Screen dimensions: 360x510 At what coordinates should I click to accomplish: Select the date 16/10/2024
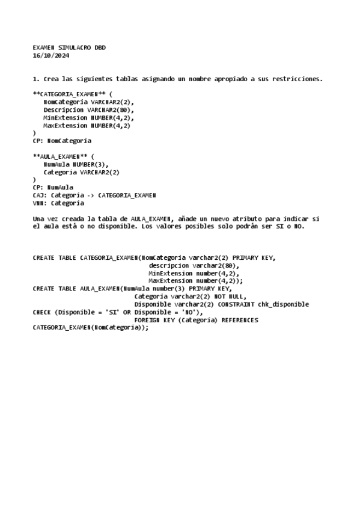pos(50,56)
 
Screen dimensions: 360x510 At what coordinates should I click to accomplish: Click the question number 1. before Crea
pos(36,79)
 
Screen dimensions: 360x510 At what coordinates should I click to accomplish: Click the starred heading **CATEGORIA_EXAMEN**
pos(69,94)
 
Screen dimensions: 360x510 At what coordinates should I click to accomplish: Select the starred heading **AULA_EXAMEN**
pos(60,156)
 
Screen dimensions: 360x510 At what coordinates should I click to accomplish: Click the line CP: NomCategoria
pos(62,141)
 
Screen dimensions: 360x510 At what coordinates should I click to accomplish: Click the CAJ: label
pos(40,195)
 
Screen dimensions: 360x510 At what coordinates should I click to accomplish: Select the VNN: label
pos(40,203)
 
